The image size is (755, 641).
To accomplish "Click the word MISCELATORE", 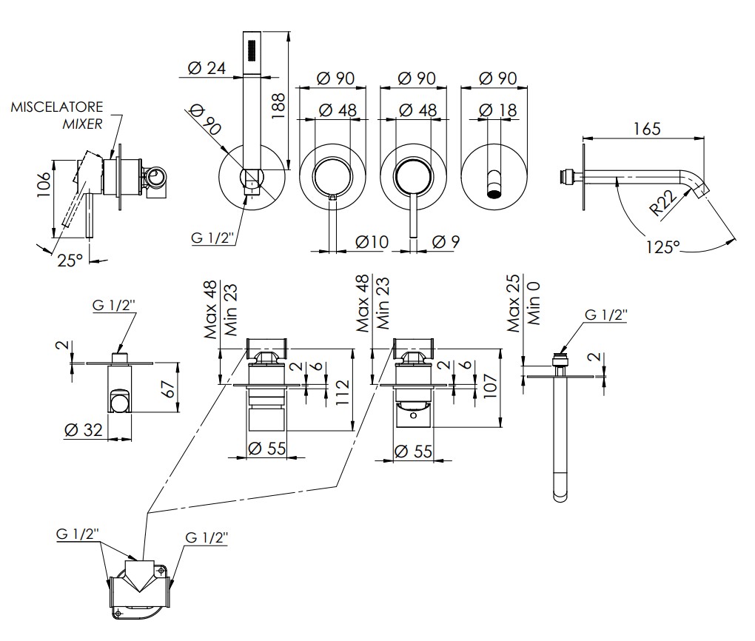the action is click(x=57, y=107).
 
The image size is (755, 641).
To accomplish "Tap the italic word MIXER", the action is click(x=82, y=124).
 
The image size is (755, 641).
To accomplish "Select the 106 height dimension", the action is click(x=44, y=184).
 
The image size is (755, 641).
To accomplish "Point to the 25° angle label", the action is click(x=70, y=261).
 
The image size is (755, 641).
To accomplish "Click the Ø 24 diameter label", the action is click(x=207, y=68).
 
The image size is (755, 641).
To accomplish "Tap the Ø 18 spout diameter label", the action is click(x=498, y=110).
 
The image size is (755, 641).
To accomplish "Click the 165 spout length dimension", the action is click(x=647, y=129).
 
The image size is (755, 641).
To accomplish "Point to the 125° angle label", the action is click(x=662, y=247).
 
